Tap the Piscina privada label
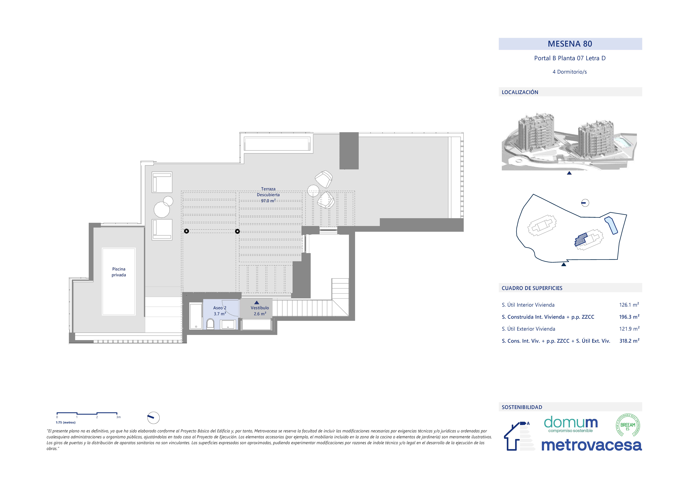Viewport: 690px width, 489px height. tap(119, 272)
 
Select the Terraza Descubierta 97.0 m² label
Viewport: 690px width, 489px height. tap(268, 195)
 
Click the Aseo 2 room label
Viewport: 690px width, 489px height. tap(220, 308)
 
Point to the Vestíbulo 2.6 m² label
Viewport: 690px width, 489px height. tap(260, 311)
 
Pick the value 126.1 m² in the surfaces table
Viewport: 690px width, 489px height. tap(629, 305)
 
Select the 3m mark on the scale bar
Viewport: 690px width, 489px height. tap(119, 417)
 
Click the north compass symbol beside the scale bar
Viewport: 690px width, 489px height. tap(153, 418)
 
